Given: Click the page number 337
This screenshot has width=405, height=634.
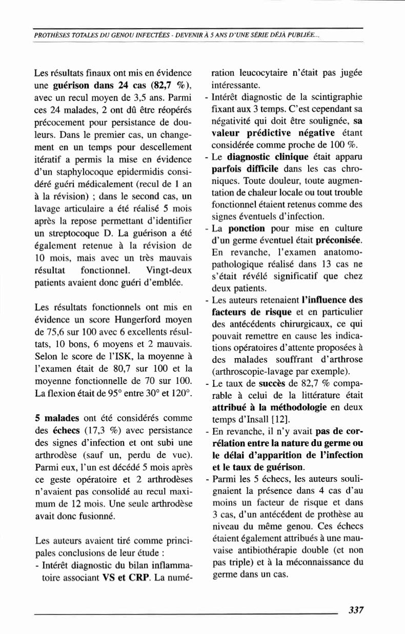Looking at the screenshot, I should (x=355, y=610).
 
